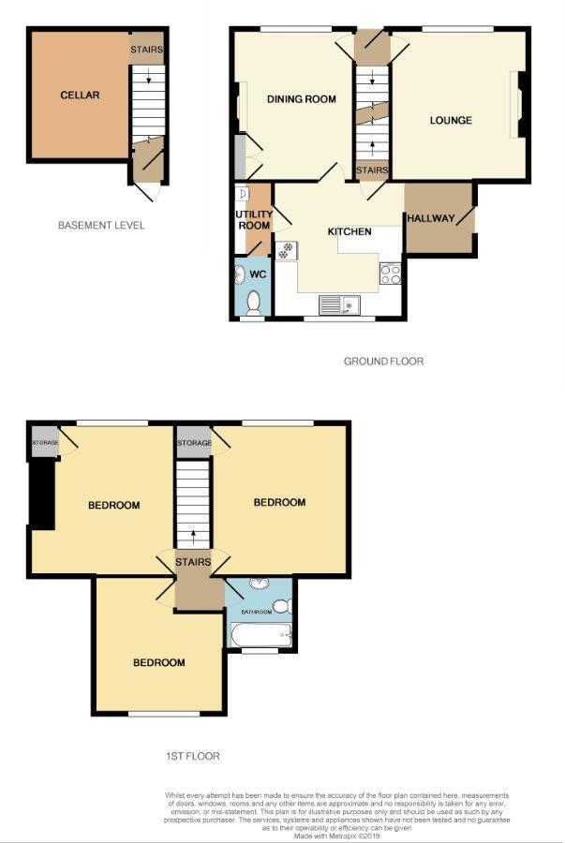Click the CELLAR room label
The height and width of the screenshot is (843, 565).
[x=80, y=95]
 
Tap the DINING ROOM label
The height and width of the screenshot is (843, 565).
[x=301, y=99]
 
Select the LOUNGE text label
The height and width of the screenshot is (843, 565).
[x=451, y=120]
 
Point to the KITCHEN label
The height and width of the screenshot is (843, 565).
[x=349, y=231]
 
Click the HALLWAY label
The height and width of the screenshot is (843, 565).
[x=430, y=219]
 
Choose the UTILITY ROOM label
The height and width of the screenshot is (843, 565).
[x=253, y=220]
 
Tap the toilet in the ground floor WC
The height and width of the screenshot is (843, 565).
[x=252, y=303]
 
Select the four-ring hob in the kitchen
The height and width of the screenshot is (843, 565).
[x=391, y=274]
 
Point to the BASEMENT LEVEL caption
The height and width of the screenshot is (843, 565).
[x=101, y=226]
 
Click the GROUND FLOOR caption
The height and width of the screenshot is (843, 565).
[x=383, y=361]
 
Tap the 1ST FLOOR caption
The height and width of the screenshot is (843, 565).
[x=191, y=755]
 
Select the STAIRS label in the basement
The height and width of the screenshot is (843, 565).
[x=148, y=49]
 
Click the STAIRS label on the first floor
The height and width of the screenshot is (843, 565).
[x=193, y=562]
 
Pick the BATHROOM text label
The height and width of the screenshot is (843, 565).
[x=257, y=613]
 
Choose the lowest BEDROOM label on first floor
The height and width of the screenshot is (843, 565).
[x=158, y=663]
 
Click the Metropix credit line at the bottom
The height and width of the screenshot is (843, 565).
[x=338, y=836]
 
